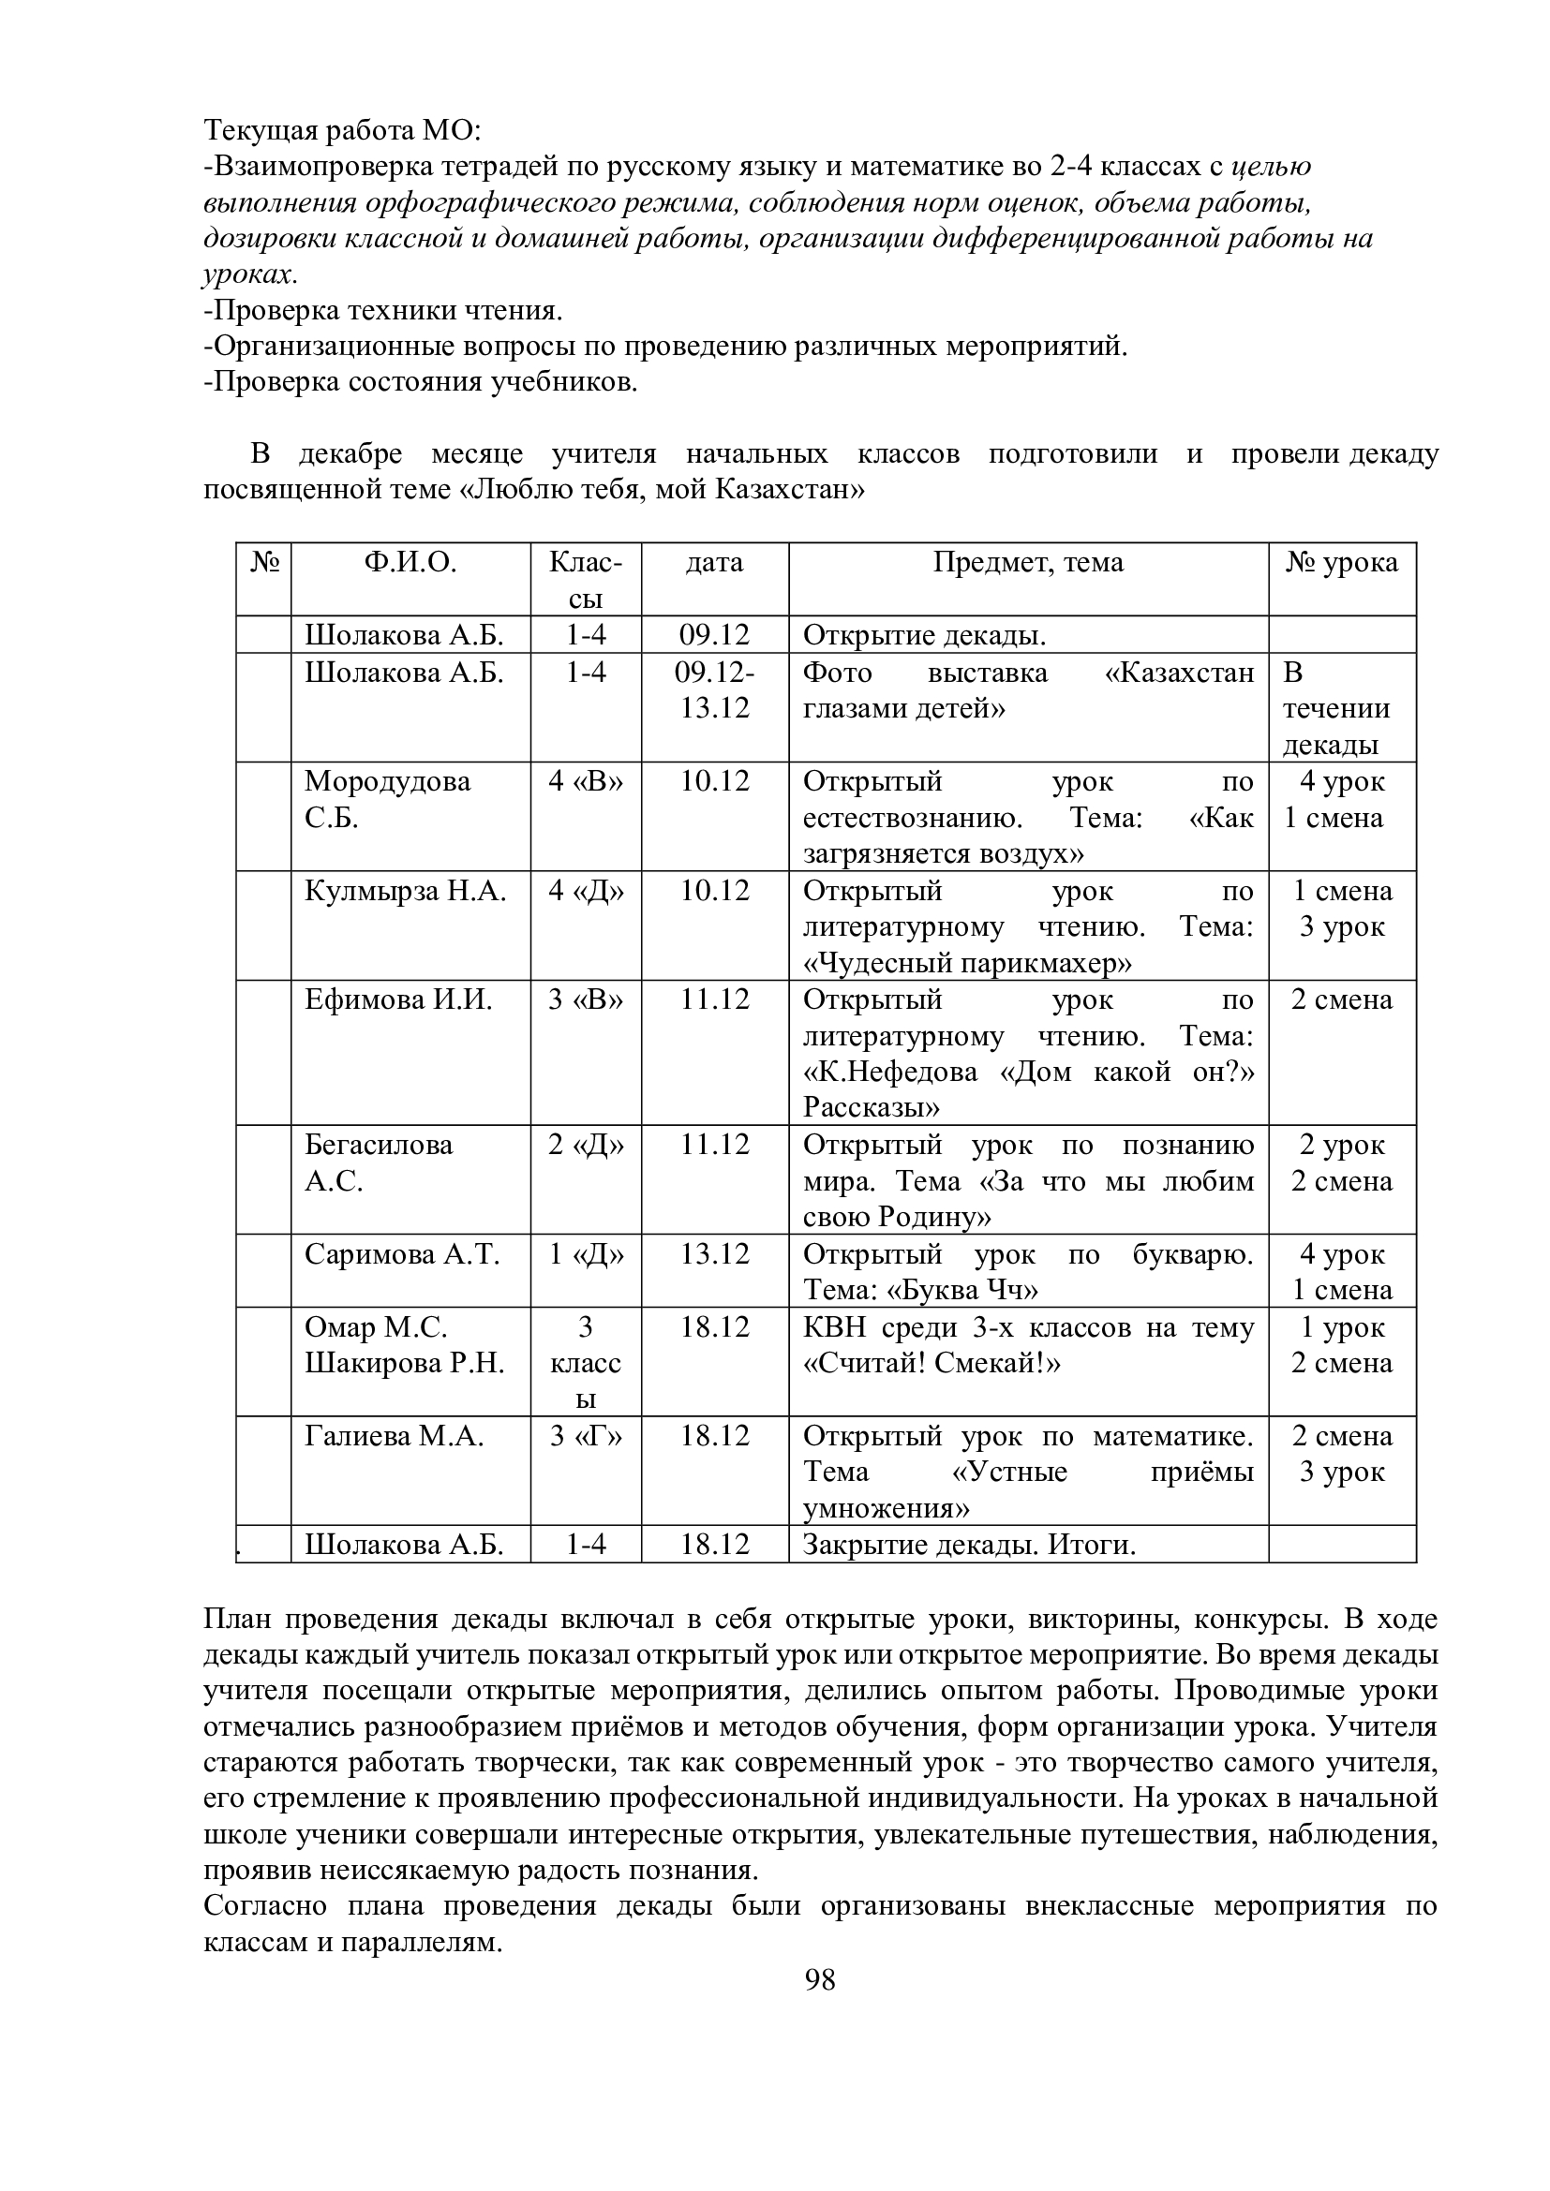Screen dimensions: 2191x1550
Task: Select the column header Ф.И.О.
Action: click(x=410, y=563)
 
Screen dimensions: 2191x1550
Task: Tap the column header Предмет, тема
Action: click(x=1028, y=563)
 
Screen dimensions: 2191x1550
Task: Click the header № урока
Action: click(x=1341, y=563)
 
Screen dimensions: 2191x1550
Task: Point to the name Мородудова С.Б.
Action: click(x=388, y=800)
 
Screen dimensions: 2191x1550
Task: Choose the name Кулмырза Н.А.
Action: click(x=405, y=891)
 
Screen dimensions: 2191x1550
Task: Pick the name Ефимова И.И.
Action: click(x=399, y=1000)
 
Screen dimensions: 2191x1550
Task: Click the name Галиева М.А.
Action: click(x=395, y=1436)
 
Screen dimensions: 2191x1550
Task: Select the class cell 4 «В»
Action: click(x=585, y=781)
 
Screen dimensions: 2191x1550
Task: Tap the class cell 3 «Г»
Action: click(x=585, y=1436)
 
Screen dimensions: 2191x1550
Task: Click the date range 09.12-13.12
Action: click(x=714, y=691)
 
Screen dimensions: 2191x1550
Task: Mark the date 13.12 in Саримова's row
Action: click(x=714, y=1254)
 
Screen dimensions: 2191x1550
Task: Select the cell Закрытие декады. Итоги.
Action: click(x=969, y=1545)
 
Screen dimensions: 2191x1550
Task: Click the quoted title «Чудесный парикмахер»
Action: click(x=967, y=964)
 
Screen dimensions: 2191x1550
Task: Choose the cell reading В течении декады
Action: click(x=1335, y=709)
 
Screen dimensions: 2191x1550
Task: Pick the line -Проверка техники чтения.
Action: click(x=382, y=311)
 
